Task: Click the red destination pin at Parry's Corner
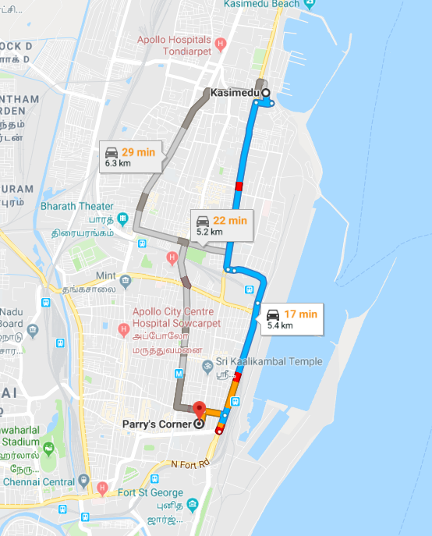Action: tap(198, 410)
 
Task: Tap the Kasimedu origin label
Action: tap(235, 93)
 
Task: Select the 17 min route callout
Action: tap(292, 316)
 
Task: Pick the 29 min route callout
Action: tap(133, 157)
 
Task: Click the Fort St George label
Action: tap(143, 493)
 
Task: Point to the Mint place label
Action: tap(105, 276)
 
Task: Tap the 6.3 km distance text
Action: tap(119, 164)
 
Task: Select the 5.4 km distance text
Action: tap(280, 325)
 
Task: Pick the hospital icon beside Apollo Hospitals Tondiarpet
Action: tap(221, 44)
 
